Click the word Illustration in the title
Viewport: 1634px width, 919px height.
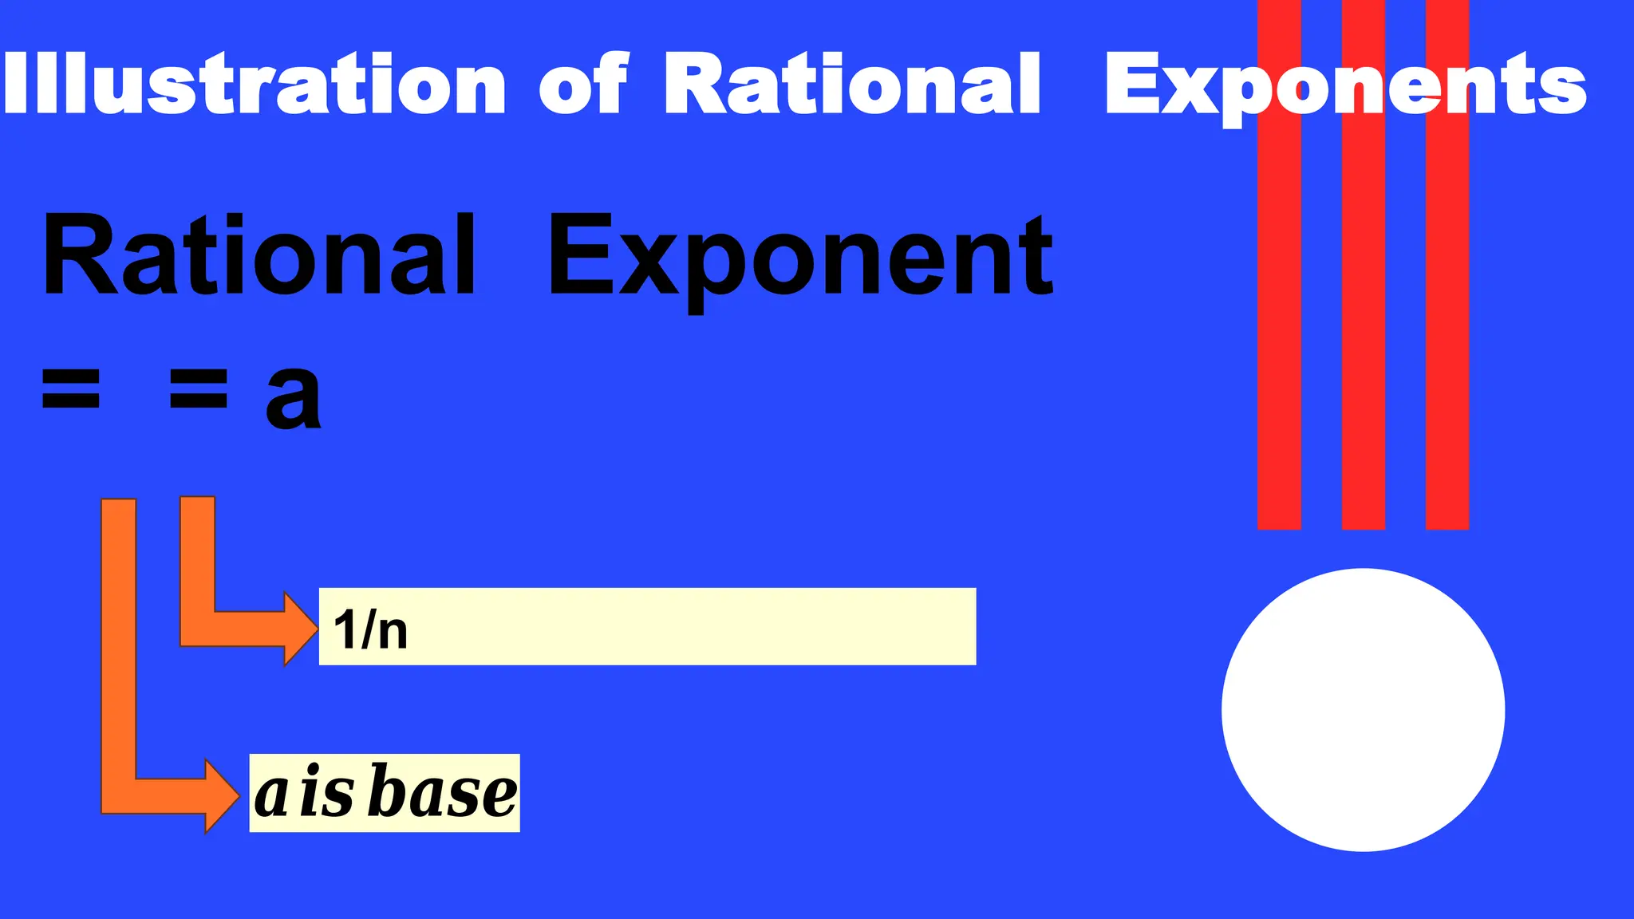[254, 84]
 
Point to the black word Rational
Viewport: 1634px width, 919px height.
[259, 257]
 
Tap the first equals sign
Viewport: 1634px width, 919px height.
[71, 389]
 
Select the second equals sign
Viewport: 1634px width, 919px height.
[199, 389]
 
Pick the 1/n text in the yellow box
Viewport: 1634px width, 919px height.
[371, 629]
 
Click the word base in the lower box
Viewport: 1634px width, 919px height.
[444, 793]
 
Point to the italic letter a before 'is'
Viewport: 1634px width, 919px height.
[271, 796]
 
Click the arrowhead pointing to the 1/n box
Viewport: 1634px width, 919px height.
[302, 628]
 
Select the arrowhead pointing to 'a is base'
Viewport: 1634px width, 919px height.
[223, 795]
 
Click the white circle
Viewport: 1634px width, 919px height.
[1363, 710]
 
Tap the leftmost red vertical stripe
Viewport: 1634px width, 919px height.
[1279, 319]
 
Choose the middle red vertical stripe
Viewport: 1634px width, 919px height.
[1363, 319]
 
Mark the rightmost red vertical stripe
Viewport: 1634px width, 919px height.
[1447, 319]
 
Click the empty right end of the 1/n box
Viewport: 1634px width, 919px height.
[878, 626]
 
